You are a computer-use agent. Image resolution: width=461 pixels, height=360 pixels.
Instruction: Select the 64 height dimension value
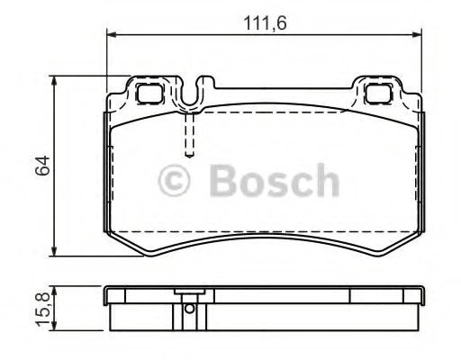pyautogui.click(x=39, y=166)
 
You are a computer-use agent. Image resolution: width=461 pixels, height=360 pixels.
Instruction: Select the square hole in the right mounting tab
pyautogui.click(x=378, y=90)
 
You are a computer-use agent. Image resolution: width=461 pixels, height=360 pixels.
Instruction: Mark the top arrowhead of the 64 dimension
pyautogui.click(x=57, y=81)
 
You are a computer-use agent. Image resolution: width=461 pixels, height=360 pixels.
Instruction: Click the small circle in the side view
pyautogui.click(x=189, y=310)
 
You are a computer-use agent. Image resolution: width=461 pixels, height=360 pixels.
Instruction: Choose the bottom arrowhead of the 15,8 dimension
pyautogui.click(x=57, y=326)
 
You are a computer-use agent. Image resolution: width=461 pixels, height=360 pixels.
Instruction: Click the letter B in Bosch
pyautogui.click(x=221, y=181)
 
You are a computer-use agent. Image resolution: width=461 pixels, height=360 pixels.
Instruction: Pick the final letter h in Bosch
pyautogui.click(x=327, y=181)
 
